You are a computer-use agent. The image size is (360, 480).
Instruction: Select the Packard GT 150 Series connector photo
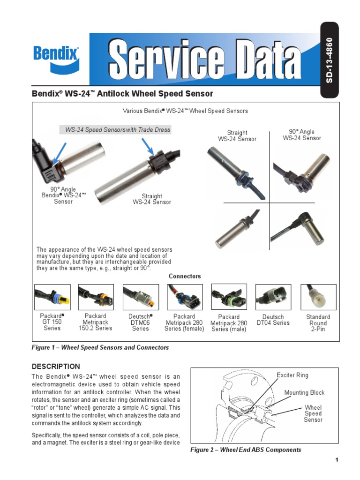click(x=52, y=297)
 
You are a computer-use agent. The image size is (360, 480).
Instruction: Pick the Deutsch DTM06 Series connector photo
click(x=141, y=297)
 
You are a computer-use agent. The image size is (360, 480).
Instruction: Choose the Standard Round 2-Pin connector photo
click(x=318, y=297)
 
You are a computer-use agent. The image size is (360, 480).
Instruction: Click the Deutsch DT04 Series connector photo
click(x=273, y=297)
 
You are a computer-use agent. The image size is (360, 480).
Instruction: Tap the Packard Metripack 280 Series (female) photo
click(x=185, y=297)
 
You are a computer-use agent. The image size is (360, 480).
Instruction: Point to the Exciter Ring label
click(x=292, y=375)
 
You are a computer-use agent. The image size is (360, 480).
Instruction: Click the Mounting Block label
click(x=304, y=392)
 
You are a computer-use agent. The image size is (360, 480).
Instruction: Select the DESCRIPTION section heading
click(x=56, y=366)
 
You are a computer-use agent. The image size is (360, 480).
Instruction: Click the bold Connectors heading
click(x=185, y=276)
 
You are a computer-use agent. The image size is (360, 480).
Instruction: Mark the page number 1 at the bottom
click(x=337, y=459)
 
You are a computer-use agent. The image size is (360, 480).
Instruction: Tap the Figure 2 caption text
click(x=246, y=450)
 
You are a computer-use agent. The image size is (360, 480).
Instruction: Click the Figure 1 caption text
click(x=100, y=347)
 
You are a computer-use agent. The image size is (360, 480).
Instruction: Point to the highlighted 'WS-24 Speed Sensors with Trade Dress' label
click(x=118, y=129)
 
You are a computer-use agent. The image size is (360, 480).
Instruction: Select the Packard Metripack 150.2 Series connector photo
click(x=96, y=297)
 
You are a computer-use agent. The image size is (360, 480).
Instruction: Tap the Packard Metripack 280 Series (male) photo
click(x=229, y=297)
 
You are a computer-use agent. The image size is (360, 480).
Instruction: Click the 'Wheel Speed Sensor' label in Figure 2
click(x=313, y=413)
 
